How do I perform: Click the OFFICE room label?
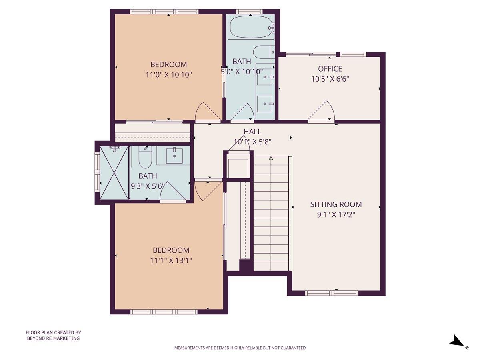point(330,69)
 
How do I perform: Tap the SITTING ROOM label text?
point(336,204)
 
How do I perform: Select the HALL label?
point(252,132)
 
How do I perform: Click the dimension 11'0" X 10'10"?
point(168,74)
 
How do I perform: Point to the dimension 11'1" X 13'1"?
point(171,260)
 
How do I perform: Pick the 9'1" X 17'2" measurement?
point(336,215)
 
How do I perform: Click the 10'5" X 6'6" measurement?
point(330,79)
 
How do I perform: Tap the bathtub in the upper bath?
point(251,27)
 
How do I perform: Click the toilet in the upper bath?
point(264,52)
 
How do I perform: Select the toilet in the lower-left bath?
point(145,158)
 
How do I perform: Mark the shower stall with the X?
point(114,172)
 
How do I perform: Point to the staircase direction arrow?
point(271,158)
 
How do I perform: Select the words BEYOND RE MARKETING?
point(53,338)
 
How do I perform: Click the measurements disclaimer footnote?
point(240,348)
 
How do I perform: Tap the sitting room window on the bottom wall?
point(331,293)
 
